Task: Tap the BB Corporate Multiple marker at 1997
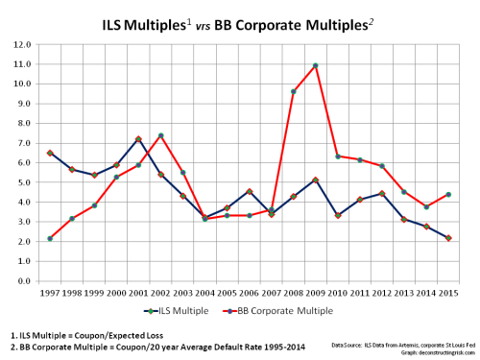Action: (50, 238)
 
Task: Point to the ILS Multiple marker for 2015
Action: (448, 238)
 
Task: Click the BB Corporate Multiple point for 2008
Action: (294, 91)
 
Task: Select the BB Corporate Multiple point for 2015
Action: (448, 195)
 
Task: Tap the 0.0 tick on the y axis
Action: (26, 281)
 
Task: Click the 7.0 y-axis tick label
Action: (26, 143)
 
